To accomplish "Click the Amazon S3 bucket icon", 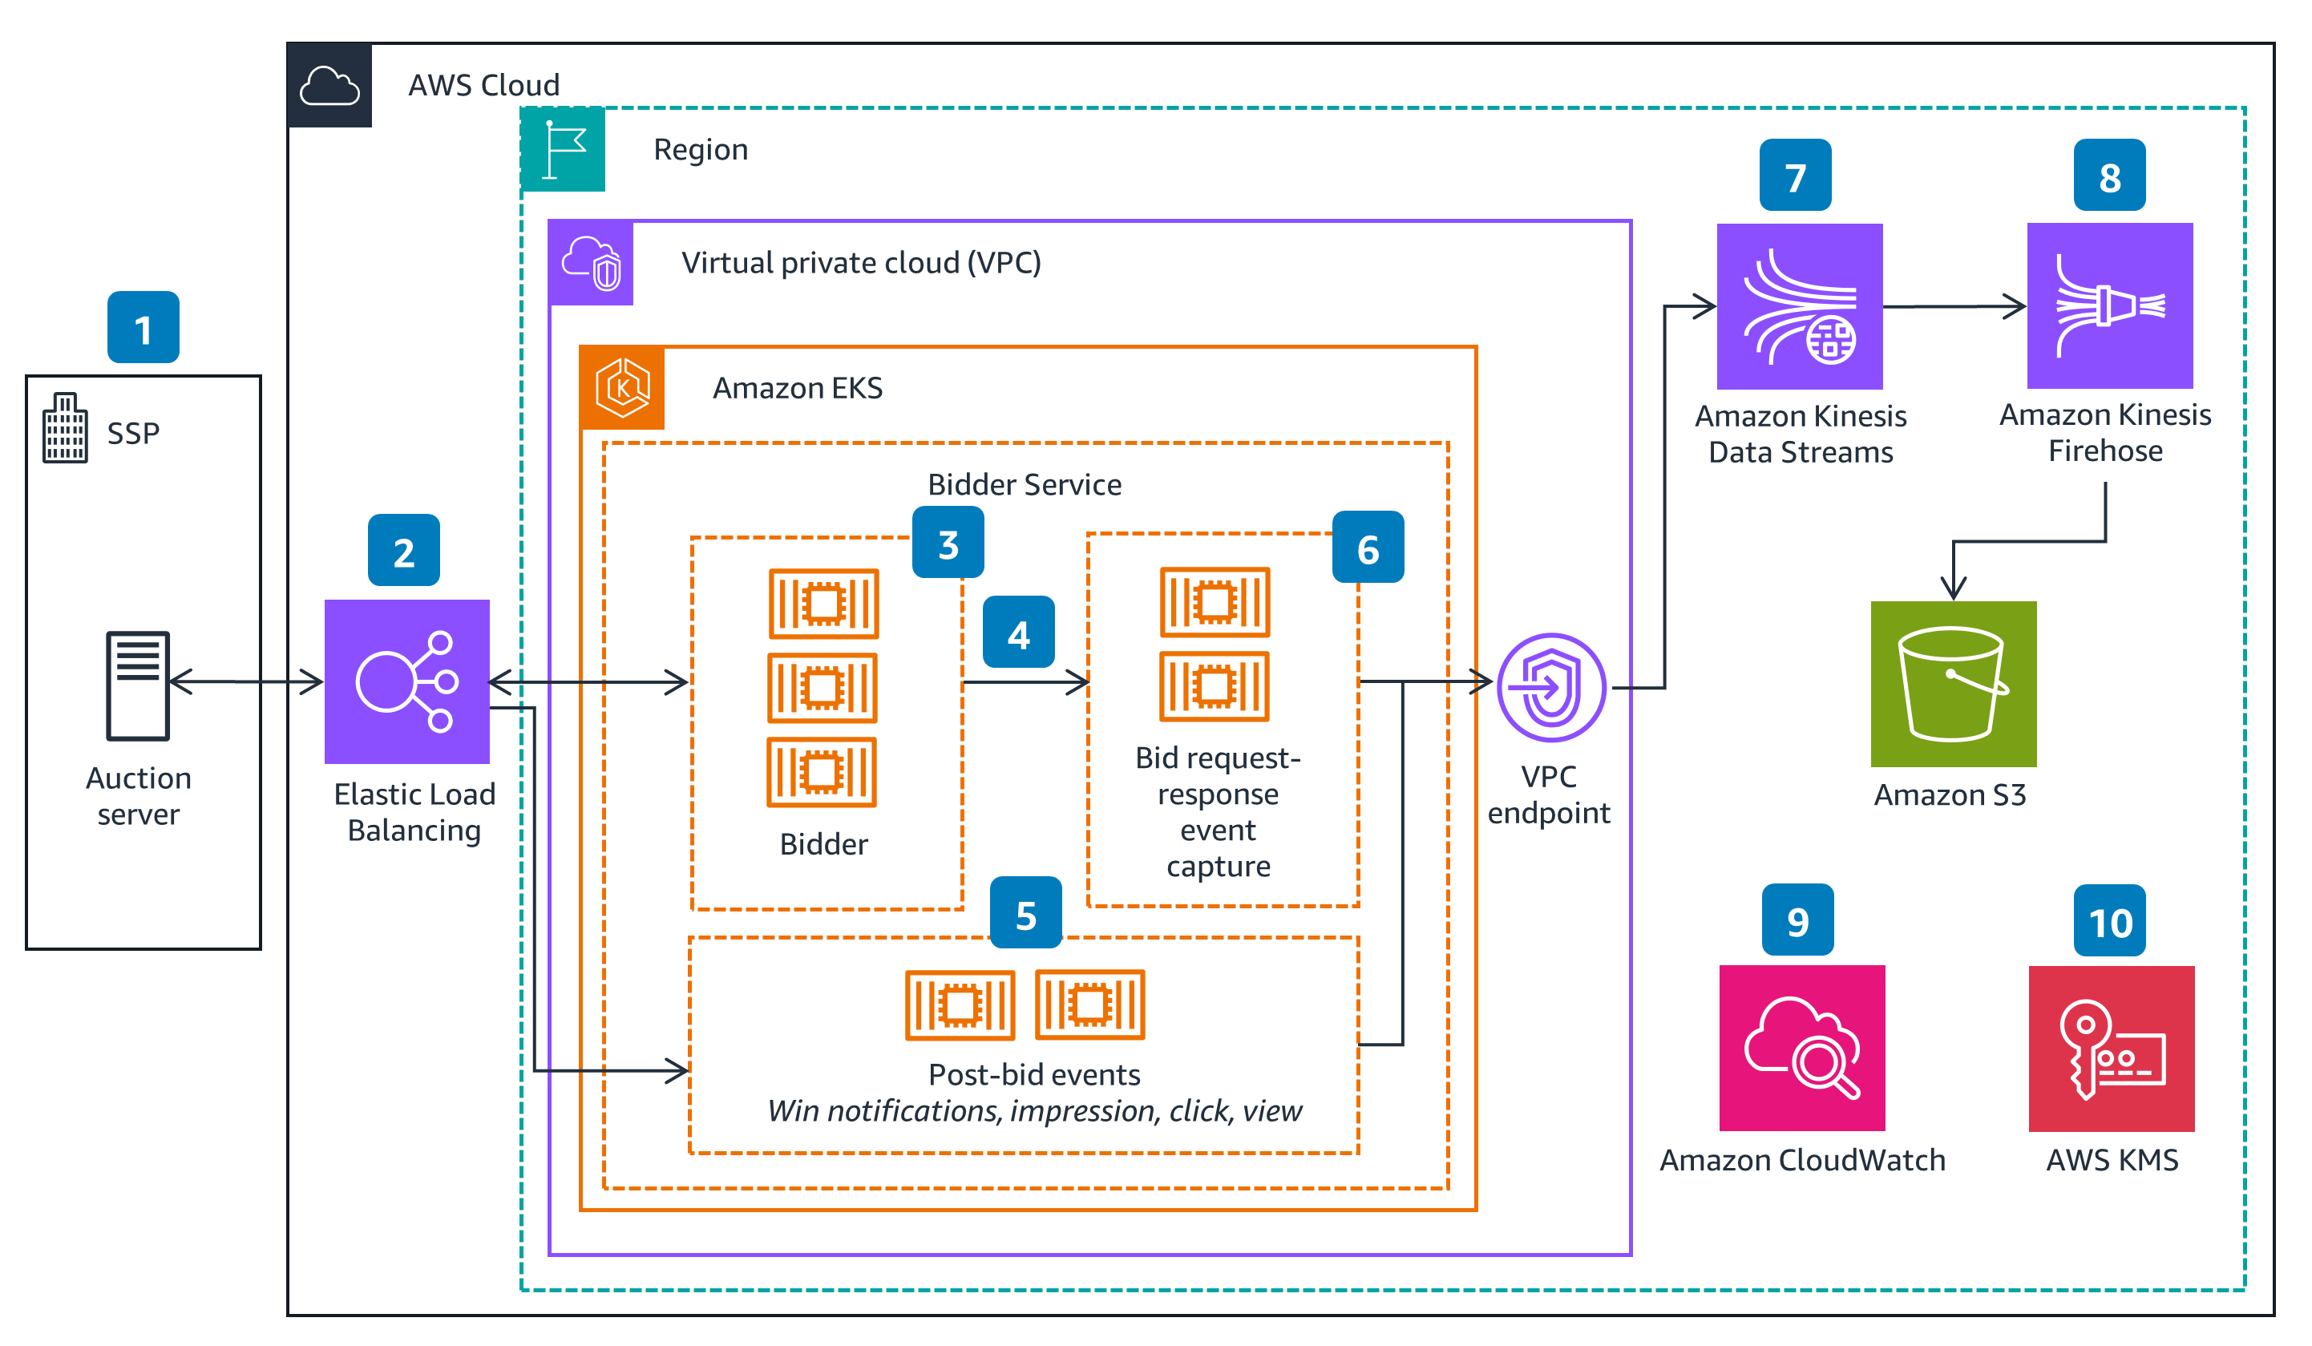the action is tap(1954, 684).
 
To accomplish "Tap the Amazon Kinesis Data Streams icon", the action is tap(1799, 306).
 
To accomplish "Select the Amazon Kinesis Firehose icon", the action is tap(2109, 305).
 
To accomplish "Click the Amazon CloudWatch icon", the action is tap(1802, 1048).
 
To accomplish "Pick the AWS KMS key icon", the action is tap(2111, 1049).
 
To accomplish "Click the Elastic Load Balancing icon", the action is tap(407, 681).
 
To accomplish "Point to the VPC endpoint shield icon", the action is tap(1551, 687).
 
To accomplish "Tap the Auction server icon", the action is tap(138, 685).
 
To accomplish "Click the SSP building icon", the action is tap(65, 427).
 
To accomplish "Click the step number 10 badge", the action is tap(2109, 920).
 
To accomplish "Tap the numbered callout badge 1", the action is tap(143, 328).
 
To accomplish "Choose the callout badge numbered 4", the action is tap(1018, 633).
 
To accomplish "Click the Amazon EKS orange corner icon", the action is tap(623, 388).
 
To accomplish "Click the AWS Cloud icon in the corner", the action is tap(329, 85).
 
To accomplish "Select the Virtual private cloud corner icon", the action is tap(591, 263).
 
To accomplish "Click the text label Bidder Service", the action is tap(1024, 484).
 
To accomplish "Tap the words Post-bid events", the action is tap(1034, 1074).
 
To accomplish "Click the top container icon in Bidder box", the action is tap(823, 604).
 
